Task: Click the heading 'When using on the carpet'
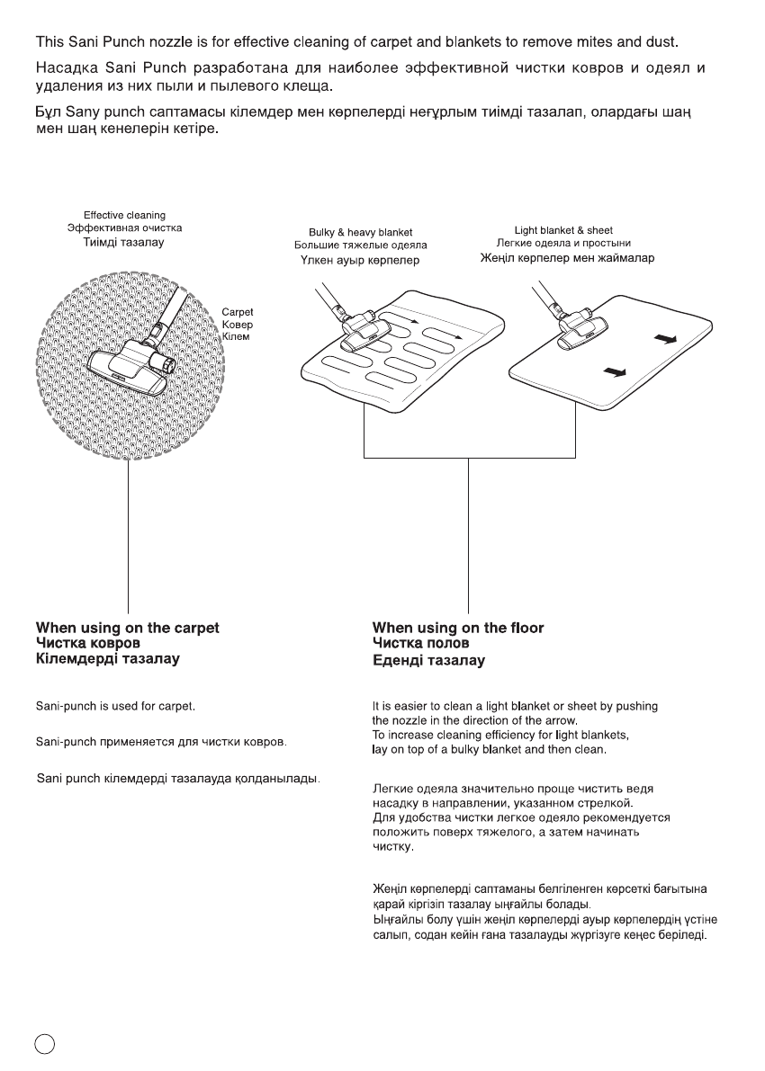click(x=127, y=628)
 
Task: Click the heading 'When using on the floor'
click(x=458, y=628)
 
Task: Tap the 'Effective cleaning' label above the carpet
click(x=124, y=215)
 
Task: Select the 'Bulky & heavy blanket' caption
click(x=360, y=232)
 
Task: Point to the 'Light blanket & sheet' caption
click(x=563, y=230)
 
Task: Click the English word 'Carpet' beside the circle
click(x=238, y=313)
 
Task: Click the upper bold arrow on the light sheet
click(x=663, y=339)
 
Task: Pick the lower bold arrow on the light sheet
click(x=615, y=370)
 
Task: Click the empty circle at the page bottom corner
click(x=45, y=1042)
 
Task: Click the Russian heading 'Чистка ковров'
click(x=88, y=644)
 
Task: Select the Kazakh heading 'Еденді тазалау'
click(x=428, y=661)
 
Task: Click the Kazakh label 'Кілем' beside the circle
click(x=235, y=336)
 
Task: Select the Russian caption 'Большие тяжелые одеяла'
click(x=360, y=245)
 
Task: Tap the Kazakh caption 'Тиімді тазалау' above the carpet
click(x=124, y=242)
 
